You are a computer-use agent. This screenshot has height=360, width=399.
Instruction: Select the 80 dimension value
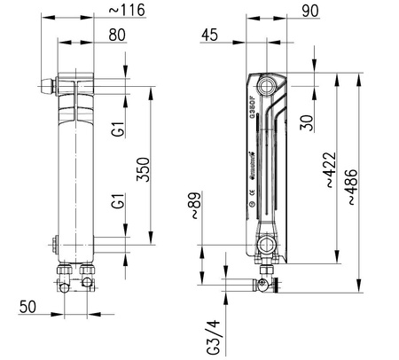tap(116, 36)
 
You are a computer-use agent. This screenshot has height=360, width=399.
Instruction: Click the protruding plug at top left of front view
tap(48, 86)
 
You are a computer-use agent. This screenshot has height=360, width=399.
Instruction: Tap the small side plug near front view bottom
tap(55, 241)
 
